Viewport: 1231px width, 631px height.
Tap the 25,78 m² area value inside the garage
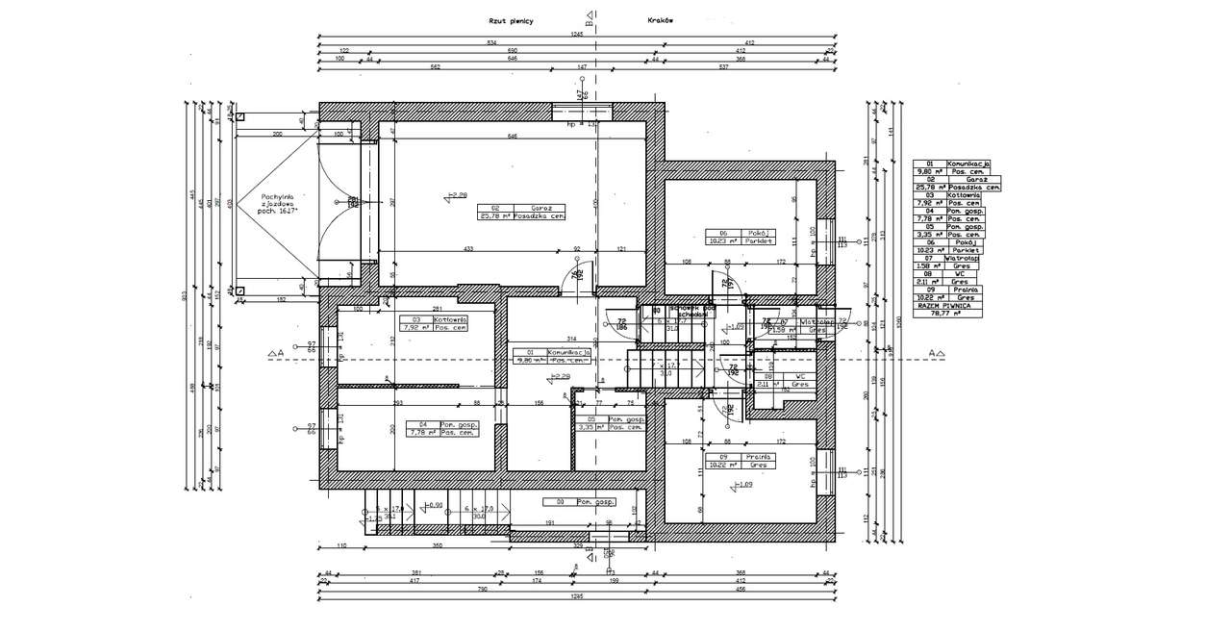(x=494, y=216)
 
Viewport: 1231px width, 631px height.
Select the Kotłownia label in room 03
(x=450, y=318)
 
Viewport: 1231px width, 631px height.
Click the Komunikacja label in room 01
(x=567, y=352)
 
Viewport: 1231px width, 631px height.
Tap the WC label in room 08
(x=799, y=376)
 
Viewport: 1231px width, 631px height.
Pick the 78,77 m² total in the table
(x=947, y=313)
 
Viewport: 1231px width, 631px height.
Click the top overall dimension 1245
(x=577, y=34)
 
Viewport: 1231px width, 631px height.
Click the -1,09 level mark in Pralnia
(x=743, y=485)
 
